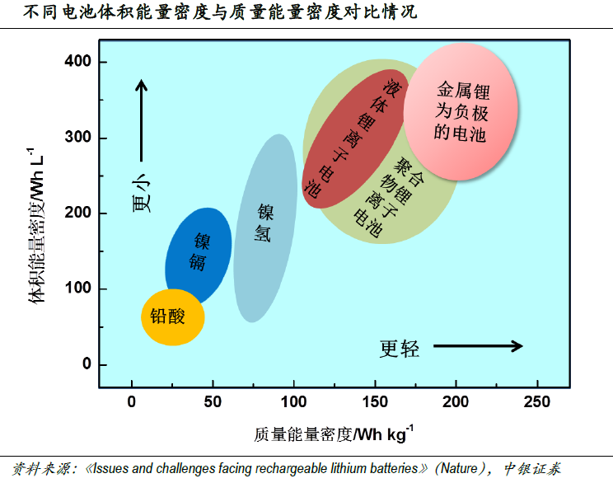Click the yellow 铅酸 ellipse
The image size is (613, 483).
pyautogui.click(x=173, y=317)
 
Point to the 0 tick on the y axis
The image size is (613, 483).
pyautogui.click(x=87, y=365)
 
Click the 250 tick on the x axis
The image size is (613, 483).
pyautogui.click(x=536, y=401)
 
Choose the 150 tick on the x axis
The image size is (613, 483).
pyautogui.click(x=374, y=401)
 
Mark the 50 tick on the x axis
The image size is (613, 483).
pyautogui.click(x=213, y=401)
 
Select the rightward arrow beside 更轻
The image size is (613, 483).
pyautogui.click(x=478, y=346)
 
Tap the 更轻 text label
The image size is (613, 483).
pyautogui.click(x=400, y=349)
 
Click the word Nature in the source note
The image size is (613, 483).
pyautogui.click(x=458, y=469)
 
